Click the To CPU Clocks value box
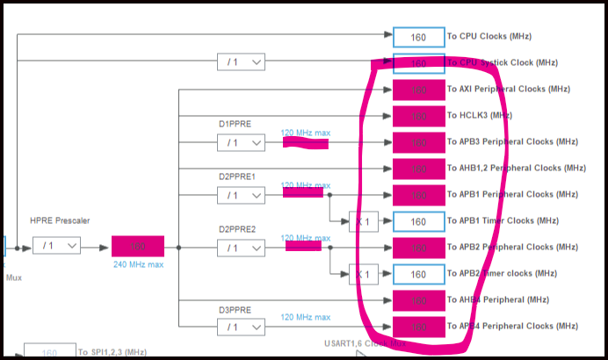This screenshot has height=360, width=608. (x=418, y=37)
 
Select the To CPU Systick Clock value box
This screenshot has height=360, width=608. (x=418, y=63)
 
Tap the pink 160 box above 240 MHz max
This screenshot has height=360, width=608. (x=137, y=247)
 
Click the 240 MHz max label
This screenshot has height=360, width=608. (x=138, y=263)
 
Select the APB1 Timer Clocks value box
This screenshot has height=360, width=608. (x=418, y=221)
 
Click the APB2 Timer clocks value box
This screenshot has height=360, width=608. (x=418, y=274)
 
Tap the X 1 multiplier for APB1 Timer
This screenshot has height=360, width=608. (x=363, y=221)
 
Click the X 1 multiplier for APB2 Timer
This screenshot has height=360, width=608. (x=363, y=274)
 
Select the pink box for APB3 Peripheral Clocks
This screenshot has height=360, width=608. (x=418, y=142)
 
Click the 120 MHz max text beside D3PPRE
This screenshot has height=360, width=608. (x=306, y=317)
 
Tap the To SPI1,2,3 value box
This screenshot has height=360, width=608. (x=49, y=353)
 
